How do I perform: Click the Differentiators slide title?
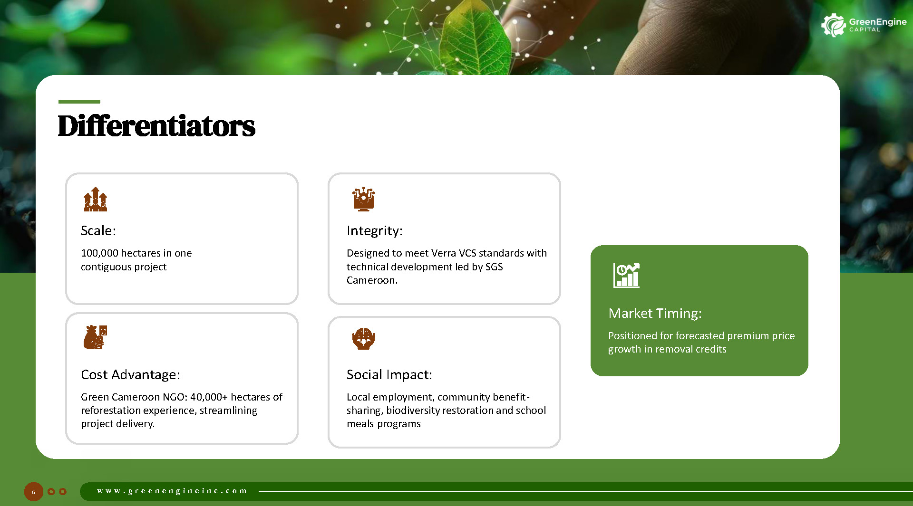pos(156,126)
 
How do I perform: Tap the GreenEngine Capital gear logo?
pos(833,25)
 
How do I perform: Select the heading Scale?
pos(98,230)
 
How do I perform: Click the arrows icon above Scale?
pos(96,199)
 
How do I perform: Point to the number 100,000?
pos(99,253)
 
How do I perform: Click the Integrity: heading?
pos(375,231)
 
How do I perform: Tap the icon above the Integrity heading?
pos(364,199)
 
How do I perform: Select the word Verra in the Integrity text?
pos(443,253)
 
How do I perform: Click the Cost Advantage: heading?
pos(130,375)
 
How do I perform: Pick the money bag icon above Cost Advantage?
pos(95,337)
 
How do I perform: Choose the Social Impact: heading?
pos(389,375)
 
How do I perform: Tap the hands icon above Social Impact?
pos(364,339)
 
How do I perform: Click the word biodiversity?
pos(439,411)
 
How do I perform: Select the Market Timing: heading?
pos(655,314)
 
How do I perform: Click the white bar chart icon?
pos(626,276)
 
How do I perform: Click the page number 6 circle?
pos(34,492)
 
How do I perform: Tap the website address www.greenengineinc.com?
pos(172,491)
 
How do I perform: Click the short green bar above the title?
pos(79,102)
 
